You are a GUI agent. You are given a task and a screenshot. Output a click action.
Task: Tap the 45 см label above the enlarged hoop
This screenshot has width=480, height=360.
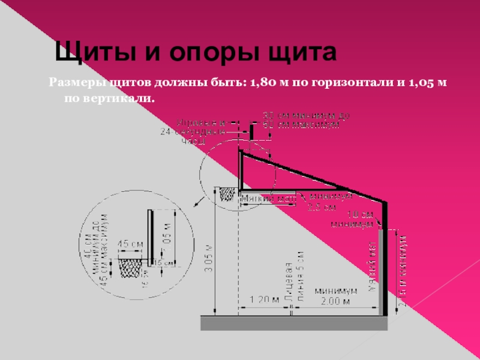click(130, 244)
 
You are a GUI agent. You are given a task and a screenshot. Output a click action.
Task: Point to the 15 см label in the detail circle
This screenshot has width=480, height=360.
click(164, 263)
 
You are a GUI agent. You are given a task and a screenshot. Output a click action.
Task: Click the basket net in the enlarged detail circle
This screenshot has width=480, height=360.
click(131, 267)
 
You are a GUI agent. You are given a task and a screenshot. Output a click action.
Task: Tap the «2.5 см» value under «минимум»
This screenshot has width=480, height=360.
click(321, 208)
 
